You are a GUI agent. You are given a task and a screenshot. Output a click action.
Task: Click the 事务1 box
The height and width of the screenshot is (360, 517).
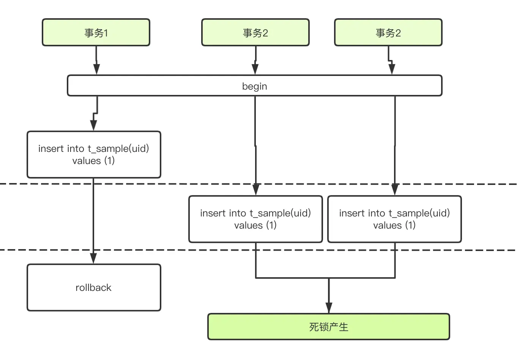tap(96, 33)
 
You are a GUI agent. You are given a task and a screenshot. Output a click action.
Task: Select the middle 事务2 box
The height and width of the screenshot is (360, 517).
tap(255, 33)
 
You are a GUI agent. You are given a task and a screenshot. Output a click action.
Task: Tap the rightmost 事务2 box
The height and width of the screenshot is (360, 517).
tap(388, 33)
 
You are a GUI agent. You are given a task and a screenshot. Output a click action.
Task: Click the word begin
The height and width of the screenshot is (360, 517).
tap(255, 86)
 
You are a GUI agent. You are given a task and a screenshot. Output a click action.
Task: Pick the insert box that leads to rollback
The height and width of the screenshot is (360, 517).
tap(94, 155)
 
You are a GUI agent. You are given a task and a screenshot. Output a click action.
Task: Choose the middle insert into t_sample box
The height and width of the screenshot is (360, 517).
tap(255, 219)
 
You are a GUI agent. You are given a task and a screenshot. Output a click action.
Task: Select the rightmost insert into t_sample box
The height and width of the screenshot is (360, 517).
tap(394, 219)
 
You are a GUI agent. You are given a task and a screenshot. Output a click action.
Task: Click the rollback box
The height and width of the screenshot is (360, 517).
tap(94, 287)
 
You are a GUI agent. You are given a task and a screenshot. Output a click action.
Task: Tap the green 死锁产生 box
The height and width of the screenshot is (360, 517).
tap(329, 327)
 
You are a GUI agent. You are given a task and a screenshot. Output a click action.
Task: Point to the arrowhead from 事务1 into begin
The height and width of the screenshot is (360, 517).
tap(96, 69)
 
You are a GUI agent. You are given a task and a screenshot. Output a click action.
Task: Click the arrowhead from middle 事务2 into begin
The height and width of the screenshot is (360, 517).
tap(255, 69)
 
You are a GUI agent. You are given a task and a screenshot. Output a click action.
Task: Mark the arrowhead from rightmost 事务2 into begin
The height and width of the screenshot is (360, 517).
tap(392, 69)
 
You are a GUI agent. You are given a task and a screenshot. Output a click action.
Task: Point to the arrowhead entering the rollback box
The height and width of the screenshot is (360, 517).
tap(93, 258)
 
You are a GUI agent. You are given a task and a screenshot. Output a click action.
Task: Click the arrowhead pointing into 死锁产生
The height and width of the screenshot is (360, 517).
tap(329, 308)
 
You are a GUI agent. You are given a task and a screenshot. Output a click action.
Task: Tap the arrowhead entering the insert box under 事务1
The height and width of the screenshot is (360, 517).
tap(94, 125)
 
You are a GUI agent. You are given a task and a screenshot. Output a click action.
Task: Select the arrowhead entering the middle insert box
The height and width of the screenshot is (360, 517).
tap(256, 189)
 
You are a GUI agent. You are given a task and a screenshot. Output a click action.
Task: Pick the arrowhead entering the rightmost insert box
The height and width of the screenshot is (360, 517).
tap(395, 189)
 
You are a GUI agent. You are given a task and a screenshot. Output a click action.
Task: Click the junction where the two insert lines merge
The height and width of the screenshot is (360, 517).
tap(329, 278)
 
